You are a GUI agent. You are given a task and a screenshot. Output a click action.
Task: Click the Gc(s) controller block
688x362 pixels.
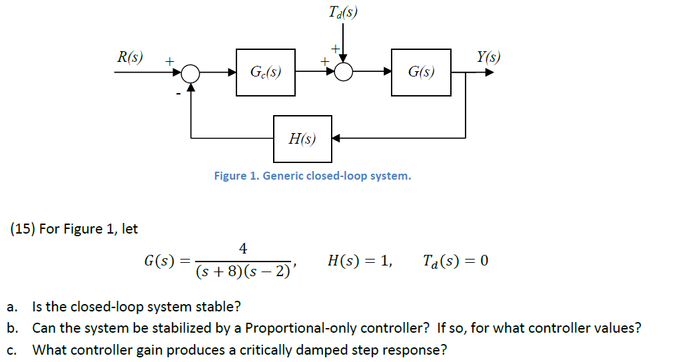[x=265, y=72]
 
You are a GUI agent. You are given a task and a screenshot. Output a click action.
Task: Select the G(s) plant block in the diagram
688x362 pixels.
[x=421, y=72]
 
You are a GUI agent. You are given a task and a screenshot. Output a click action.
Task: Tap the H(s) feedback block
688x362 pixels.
[x=302, y=138]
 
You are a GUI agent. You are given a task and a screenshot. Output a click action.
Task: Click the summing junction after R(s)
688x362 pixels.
[x=191, y=72]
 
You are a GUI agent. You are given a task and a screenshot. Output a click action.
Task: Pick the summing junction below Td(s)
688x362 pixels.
[x=344, y=72]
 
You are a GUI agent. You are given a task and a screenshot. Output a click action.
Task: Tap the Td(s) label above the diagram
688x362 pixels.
[x=343, y=12]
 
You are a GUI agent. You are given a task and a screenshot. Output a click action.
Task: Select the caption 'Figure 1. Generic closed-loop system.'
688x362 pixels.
[x=312, y=176]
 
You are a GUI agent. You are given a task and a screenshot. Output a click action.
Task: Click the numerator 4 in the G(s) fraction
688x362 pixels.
[x=243, y=249]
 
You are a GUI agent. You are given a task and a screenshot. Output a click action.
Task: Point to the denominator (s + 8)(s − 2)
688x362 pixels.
[x=242, y=272]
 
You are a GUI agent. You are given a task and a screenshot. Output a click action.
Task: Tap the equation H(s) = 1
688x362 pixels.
[x=360, y=260]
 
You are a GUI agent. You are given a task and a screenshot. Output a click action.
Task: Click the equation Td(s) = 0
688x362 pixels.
[x=456, y=260]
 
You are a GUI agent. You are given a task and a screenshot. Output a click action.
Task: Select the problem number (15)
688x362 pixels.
[x=23, y=229]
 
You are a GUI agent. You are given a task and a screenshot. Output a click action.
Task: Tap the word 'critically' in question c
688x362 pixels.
[x=256, y=349]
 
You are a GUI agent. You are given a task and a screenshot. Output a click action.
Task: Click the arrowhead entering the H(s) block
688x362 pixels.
[x=336, y=138]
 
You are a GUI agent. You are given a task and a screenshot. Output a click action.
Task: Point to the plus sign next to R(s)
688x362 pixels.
[x=169, y=61]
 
